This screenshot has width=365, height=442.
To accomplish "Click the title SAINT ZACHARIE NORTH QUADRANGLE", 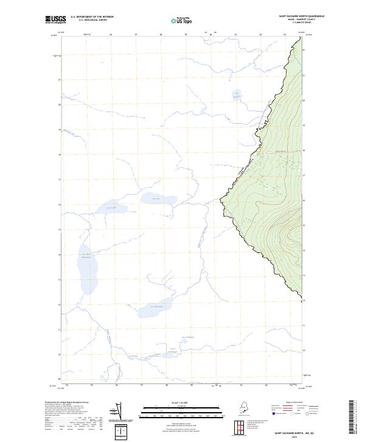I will point(301,16).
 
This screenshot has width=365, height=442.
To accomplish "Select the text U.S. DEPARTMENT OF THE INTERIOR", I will point(92,17).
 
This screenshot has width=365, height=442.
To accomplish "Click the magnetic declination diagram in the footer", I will point(114,410).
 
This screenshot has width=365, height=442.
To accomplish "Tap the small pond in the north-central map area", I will point(236,94).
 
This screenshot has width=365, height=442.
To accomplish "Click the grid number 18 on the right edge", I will point(304,149).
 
